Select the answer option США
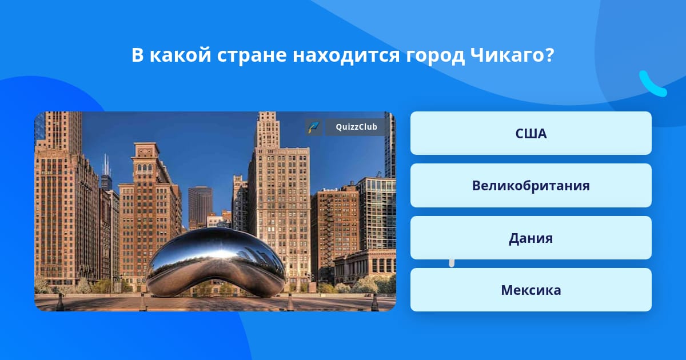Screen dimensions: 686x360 coord(531,133)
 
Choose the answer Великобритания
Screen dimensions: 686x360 coord(531,186)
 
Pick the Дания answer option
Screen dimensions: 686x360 coord(531,238)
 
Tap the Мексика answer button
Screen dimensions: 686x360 coord(531,290)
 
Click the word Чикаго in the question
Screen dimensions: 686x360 coord(508,55)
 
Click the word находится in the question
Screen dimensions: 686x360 coord(346,55)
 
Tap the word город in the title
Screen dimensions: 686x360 coord(435,56)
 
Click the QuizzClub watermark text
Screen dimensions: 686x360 coord(356,127)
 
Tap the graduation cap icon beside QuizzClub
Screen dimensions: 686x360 coord(313,127)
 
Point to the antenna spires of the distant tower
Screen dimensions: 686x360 coord(106,165)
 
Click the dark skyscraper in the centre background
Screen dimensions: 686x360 coord(200,207)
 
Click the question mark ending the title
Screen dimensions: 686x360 coord(550,55)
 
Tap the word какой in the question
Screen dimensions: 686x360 coord(181,55)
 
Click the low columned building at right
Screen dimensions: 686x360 coord(365,266)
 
